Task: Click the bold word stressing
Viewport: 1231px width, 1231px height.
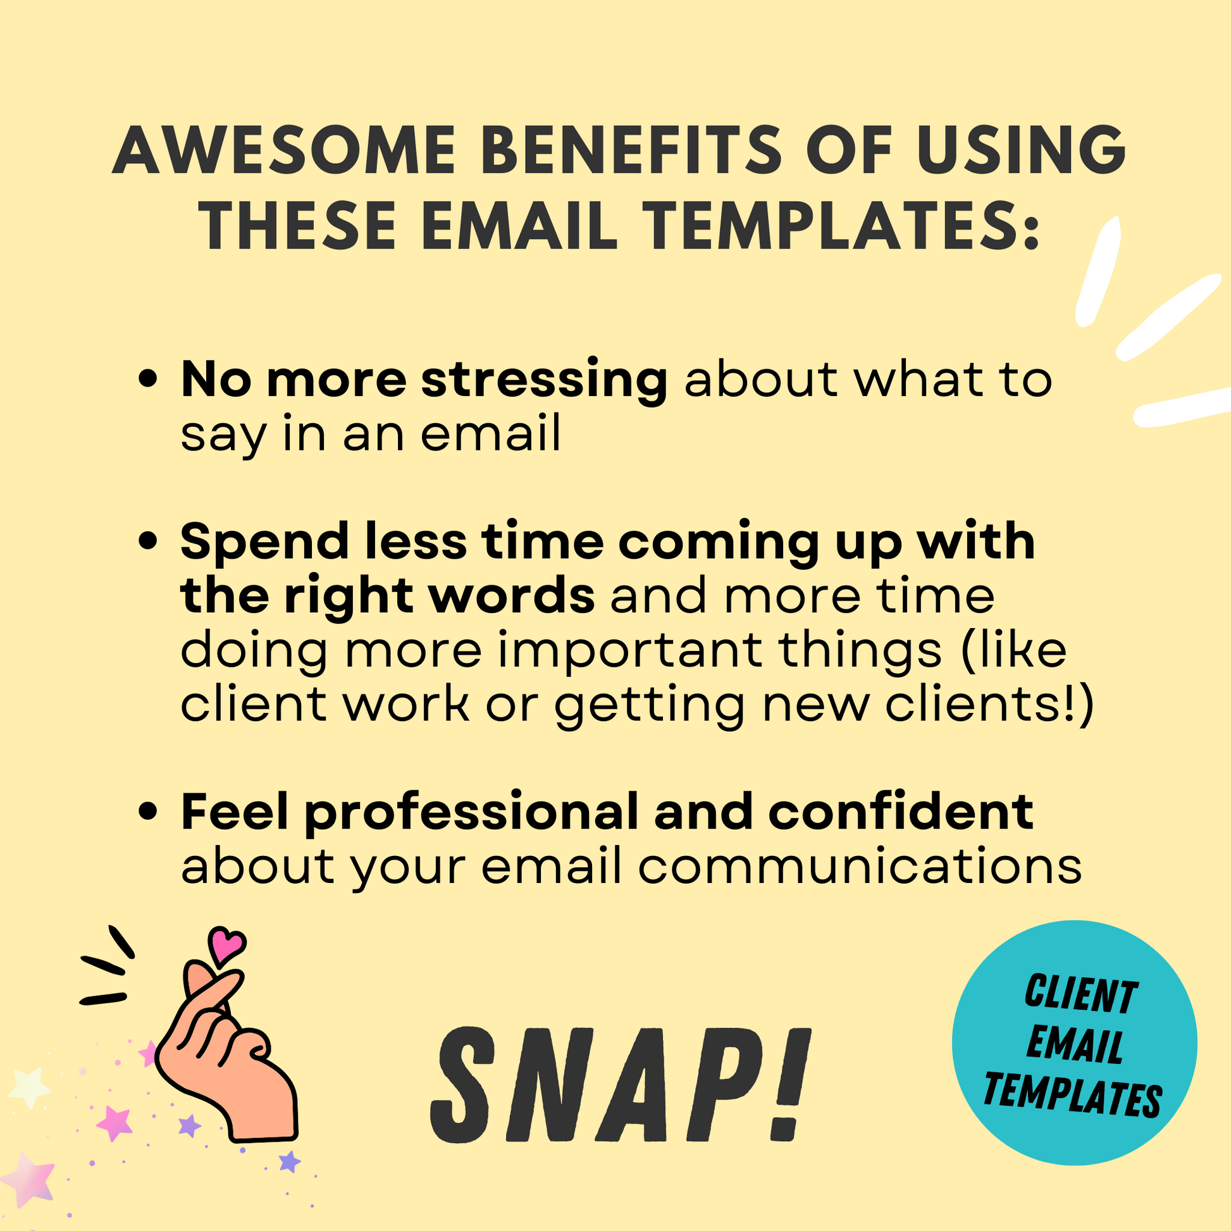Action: point(544,381)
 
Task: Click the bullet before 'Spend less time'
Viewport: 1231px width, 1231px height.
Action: point(148,542)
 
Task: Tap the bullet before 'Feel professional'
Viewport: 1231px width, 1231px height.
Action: point(148,812)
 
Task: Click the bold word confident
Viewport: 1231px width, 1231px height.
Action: point(901,812)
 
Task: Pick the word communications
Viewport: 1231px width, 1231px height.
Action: point(860,867)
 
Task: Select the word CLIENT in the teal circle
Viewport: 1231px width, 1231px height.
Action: point(1080,994)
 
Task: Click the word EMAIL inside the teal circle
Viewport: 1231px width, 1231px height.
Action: point(1074,1046)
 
